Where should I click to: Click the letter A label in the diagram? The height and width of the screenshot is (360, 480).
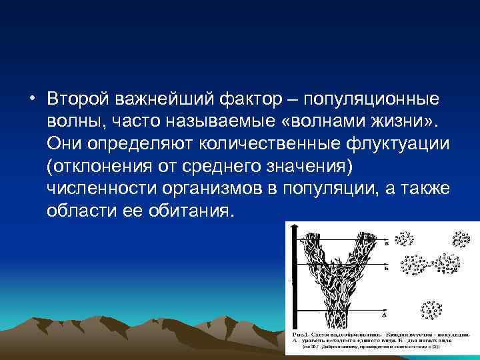point(385,312)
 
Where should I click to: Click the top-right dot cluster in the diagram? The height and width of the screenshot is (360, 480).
point(461,239)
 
